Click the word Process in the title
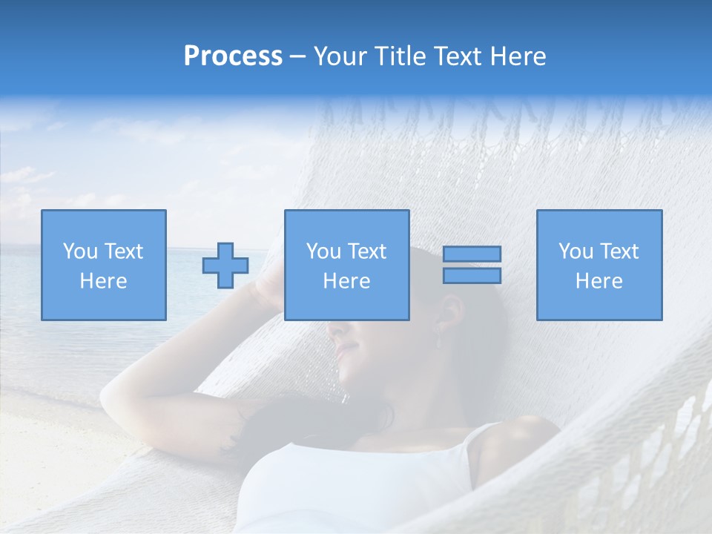point(233,56)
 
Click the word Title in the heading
point(399,56)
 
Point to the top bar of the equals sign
point(472,254)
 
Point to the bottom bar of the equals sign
point(472,276)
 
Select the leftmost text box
point(103,265)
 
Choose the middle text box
point(346,265)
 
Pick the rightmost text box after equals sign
point(599,265)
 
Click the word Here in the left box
point(103,281)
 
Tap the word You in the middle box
point(323,251)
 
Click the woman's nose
point(334,326)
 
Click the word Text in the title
point(455,56)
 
